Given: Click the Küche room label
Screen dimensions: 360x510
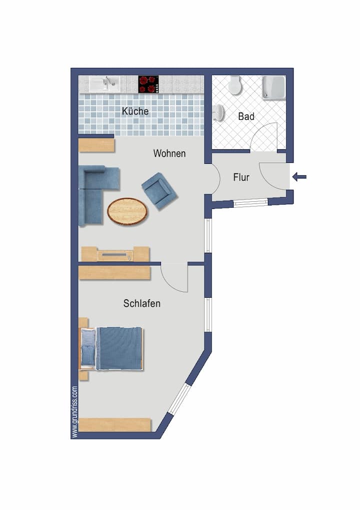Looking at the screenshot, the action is coord(135,111).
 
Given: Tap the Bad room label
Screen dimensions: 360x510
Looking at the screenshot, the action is coord(246,116).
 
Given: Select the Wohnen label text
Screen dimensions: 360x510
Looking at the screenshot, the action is coord(169,153).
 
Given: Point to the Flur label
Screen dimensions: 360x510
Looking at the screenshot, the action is coord(241,177).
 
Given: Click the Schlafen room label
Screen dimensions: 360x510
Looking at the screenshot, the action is coord(141,303).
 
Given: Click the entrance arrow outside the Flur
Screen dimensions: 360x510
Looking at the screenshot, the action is coord(299,177).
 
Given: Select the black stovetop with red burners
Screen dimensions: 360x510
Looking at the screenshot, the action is coord(148,84).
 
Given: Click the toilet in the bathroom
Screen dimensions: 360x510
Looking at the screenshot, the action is coord(234,85).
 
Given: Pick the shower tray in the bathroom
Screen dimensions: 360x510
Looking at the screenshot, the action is coord(274,87).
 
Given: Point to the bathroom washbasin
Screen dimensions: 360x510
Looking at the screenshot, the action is coord(218,112).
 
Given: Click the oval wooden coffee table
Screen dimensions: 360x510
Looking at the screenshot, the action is coord(127,211).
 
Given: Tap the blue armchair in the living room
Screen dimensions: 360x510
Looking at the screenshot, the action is coord(159,191).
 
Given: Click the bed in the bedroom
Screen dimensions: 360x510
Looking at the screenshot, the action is coord(111,348).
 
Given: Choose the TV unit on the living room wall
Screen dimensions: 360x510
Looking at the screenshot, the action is coord(115,254).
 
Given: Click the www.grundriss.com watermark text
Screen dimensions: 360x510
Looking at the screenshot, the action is coord(75,412).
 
